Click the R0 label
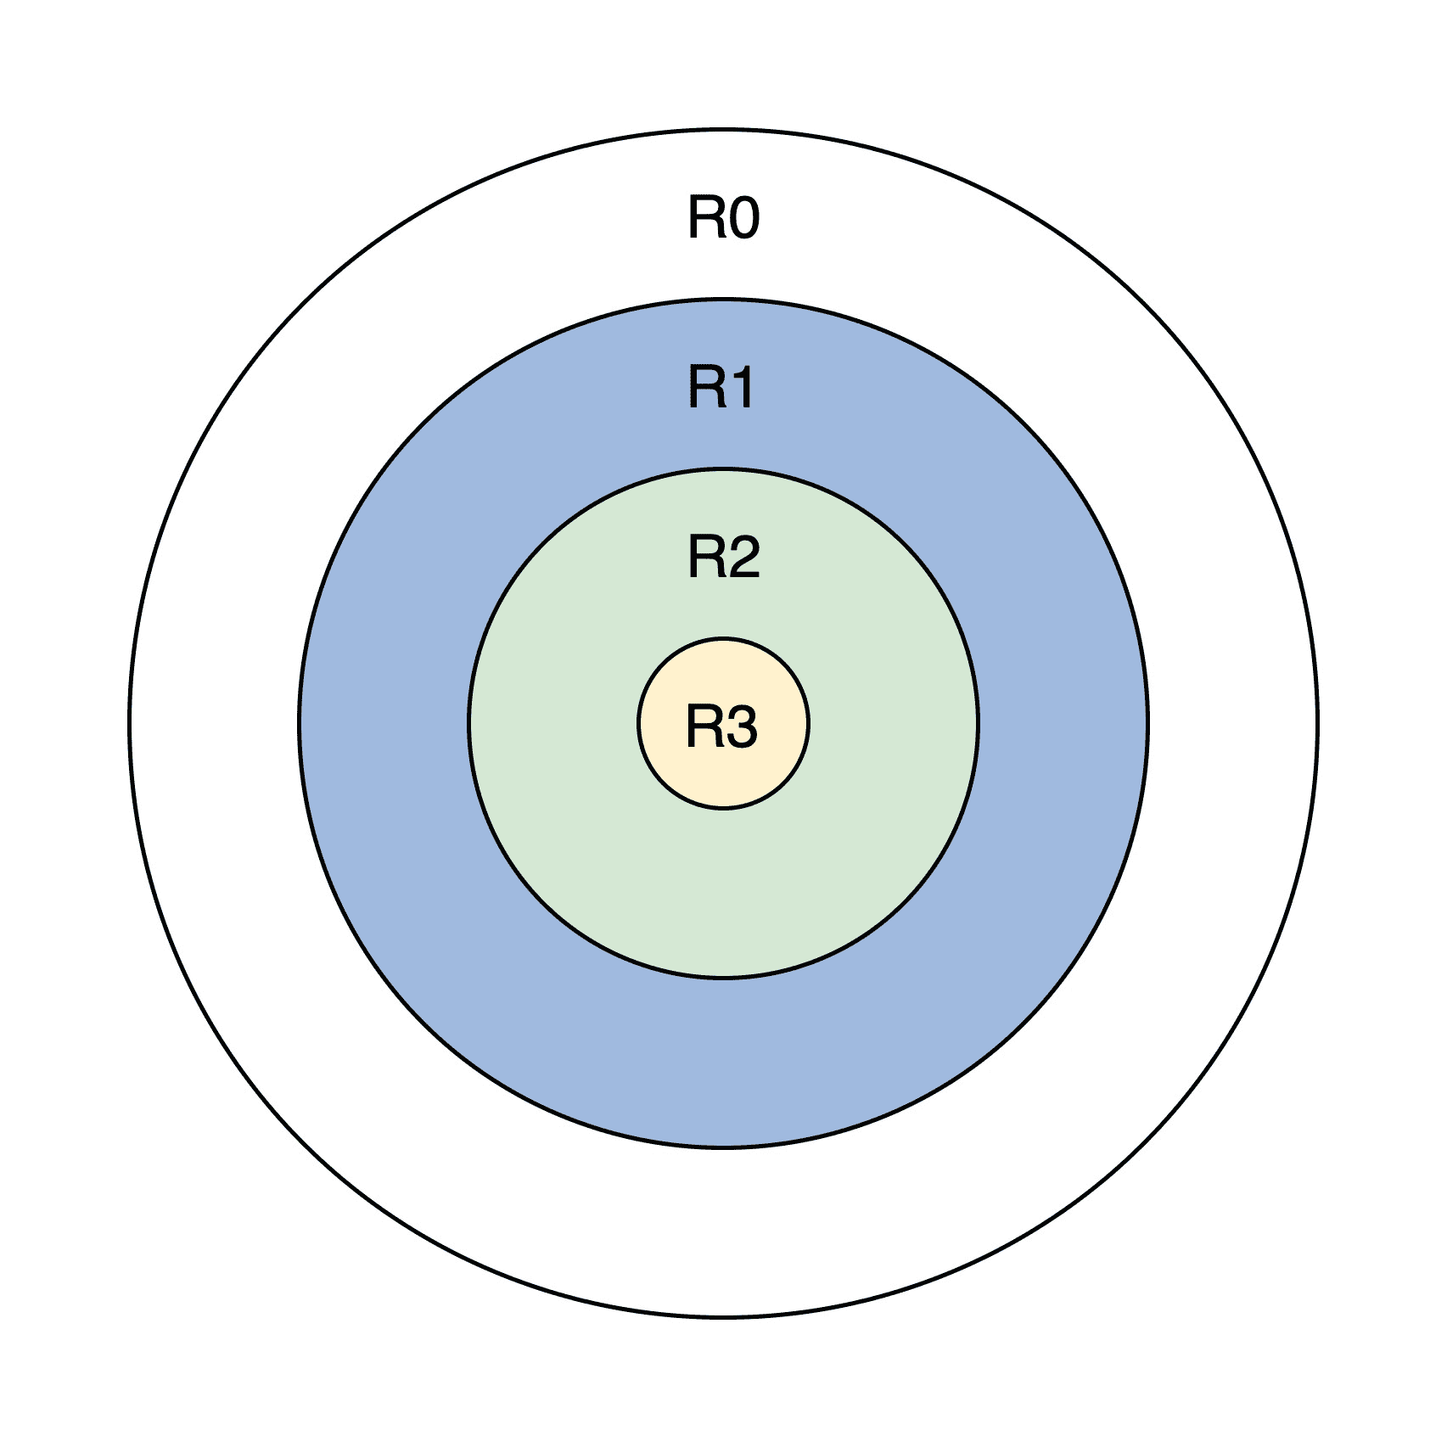[723, 218]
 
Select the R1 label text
[721, 388]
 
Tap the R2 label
[723, 558]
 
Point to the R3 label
[721, 727]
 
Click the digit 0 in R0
[743, 218]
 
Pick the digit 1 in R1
[740, 388]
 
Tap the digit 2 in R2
[743, 558]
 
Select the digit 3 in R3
[741, 727]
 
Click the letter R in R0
[705, 218]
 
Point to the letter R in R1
[705, 388]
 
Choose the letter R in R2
[705, 558]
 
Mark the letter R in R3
[704, 727]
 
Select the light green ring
[723, 891]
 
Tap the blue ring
[723, 1061]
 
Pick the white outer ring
[723, 1231]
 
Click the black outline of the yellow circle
[723, 808]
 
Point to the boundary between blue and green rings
[723, 978]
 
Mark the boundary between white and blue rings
[723, 1147]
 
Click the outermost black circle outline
[723, 1317]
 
